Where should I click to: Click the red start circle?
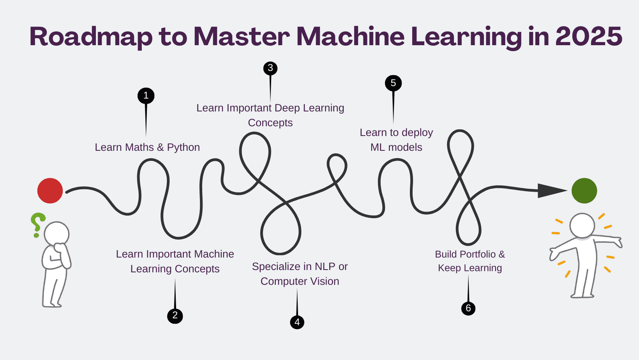click(50, 191)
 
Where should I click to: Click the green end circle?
click(584, 191)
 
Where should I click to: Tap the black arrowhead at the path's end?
click(551, 191)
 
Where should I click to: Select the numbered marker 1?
click(146, 96)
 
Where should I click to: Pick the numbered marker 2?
click(175, 316)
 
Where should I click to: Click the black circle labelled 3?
click(270, 68)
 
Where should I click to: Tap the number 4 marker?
click(297, 322)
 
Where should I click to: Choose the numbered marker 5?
click(393, 83)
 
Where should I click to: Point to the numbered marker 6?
click(468, 309)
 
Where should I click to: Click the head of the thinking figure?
click(57, 234)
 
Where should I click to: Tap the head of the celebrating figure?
click(582, 225)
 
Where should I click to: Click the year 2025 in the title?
click(588, 37)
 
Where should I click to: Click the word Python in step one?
click(183, 147)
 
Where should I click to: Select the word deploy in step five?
click(417, 133)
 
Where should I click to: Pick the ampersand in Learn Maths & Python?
click(161, 147)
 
